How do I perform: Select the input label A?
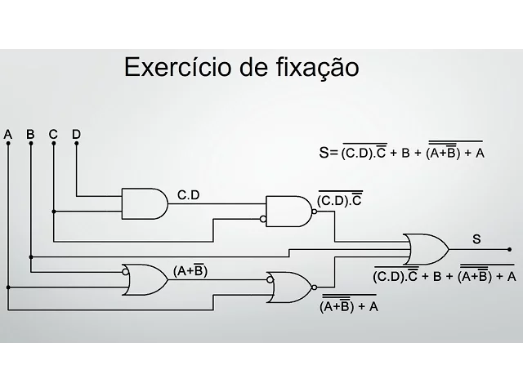point(8,134)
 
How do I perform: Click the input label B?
point(30,134)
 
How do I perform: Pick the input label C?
point(53,134)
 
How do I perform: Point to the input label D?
point(76,134)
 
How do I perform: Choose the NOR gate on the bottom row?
point(288,287)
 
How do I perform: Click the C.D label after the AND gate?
point(189,195)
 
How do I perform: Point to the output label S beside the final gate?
point(476,238)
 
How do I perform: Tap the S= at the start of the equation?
point(329,152)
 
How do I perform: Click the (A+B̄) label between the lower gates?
point(189,271)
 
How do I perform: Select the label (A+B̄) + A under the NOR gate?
point(349,306)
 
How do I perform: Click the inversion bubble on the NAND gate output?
point(315,211)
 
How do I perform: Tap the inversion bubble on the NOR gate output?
point(313,287)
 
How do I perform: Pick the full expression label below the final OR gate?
point(445,275)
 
